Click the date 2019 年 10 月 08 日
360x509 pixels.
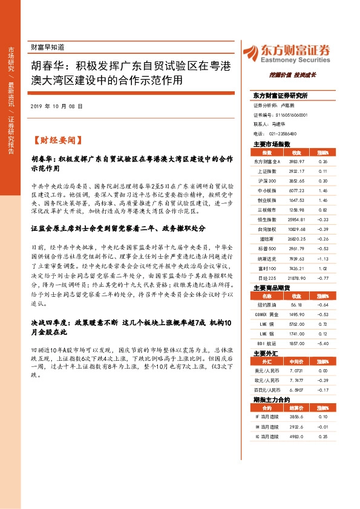click(56, 106)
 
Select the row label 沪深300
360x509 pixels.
click(267, 181)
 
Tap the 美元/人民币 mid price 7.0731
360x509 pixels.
click(296, 353)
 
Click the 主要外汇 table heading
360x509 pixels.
click(266, 336)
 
